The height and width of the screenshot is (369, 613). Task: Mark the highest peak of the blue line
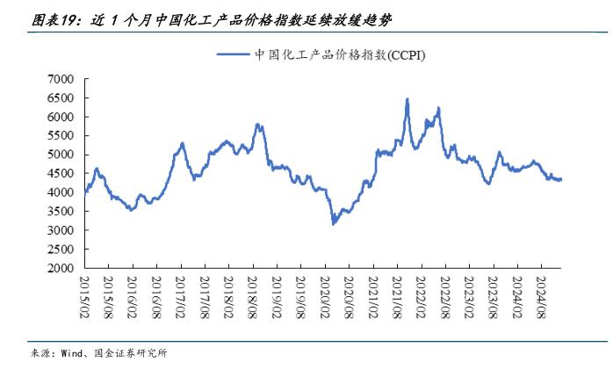click(407, 99)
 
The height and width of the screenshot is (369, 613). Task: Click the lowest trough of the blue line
click(333, 224)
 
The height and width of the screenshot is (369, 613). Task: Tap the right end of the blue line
click(561, 179)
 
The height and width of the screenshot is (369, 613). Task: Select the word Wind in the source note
click(73, 353)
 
